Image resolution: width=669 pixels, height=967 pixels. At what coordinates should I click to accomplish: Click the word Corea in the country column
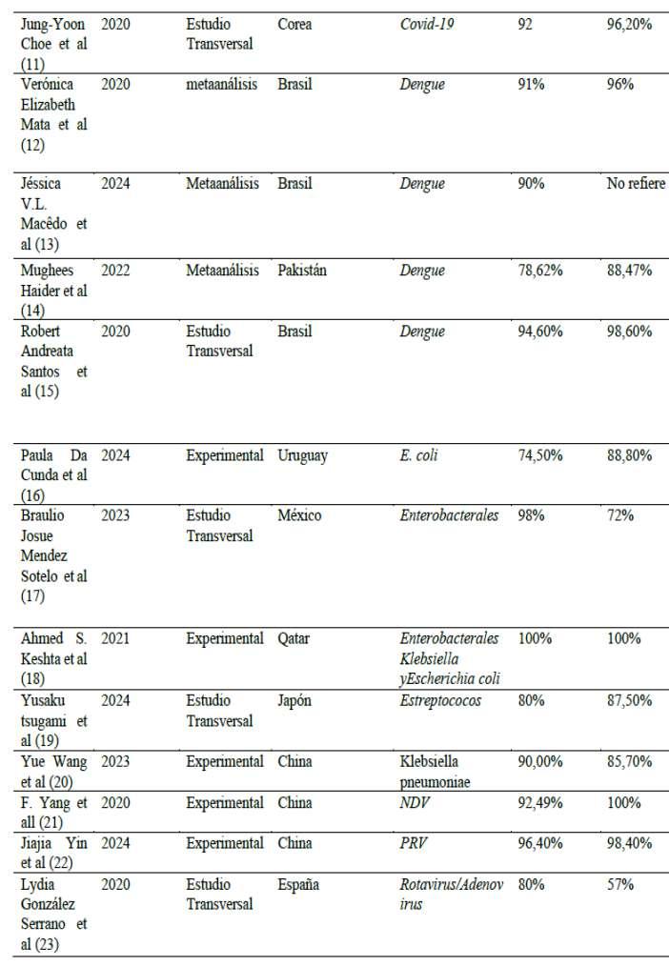coord(294,23)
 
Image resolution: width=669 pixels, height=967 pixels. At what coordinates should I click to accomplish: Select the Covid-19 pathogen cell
coord(426,23)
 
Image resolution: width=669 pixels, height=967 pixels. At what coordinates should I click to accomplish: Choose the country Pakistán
coord(302,271)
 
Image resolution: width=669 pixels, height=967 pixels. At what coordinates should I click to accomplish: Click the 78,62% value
coord(540,271)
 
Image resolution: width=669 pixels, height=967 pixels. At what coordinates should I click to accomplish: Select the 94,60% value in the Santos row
coord(540,332)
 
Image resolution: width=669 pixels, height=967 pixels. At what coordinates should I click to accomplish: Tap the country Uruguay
coord(303,455)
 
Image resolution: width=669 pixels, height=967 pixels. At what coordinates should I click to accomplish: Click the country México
coord(299,515)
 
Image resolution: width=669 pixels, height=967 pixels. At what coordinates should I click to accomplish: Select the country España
coord(298,884)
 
